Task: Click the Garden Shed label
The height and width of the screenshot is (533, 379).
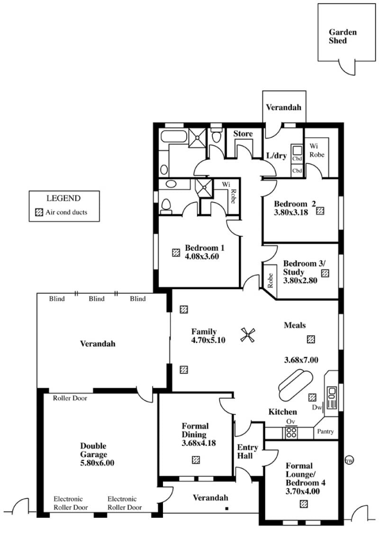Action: pos(343,37)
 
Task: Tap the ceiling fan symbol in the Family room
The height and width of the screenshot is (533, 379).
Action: pos(248,335)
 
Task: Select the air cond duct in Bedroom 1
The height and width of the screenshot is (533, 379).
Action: pos(176,253)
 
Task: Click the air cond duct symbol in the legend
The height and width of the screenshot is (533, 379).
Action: pos(39,212)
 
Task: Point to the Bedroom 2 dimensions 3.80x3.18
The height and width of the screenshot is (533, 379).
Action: pos(291,213)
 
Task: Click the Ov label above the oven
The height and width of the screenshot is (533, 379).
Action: pos(290,422)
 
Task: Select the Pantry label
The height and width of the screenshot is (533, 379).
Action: pos(325,432)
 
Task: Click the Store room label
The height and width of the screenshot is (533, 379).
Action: pos(243,134)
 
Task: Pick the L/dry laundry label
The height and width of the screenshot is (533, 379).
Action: pos(277,156)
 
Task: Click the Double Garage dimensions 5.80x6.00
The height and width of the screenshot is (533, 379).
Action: pos(97,463)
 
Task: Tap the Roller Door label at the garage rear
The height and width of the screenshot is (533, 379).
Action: pos(70,398)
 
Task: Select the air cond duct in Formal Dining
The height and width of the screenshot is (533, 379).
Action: pos(196,460)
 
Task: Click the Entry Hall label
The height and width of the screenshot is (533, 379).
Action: pos(247,451)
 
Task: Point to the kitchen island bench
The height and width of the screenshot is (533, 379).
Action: pos(295,386)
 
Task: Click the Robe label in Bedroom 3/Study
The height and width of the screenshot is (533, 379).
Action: pos(271,281)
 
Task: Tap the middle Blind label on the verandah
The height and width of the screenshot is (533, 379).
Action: pos(97,299)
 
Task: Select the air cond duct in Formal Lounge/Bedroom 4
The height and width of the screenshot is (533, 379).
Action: pos(304,504)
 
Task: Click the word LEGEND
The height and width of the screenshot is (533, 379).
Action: pos(63,198)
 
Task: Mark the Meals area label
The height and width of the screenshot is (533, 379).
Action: pos(295,325)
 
